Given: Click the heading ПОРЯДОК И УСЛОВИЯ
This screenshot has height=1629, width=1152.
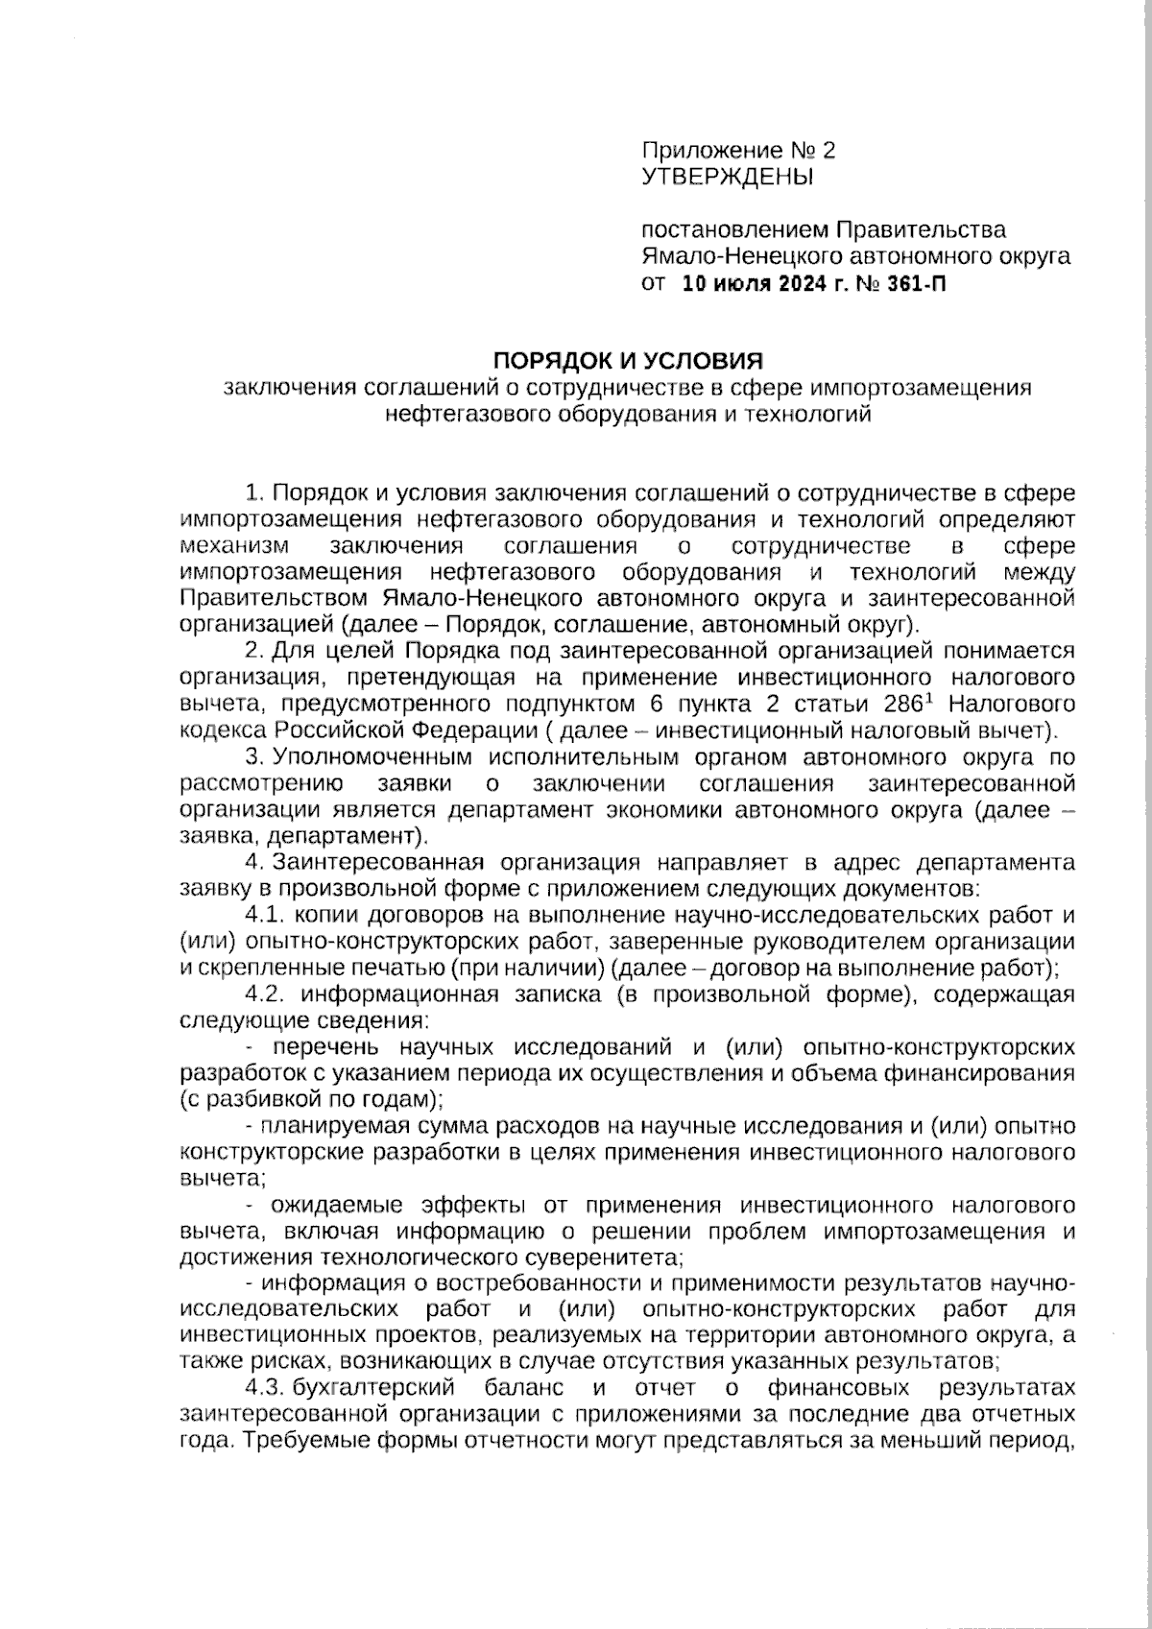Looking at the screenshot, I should pos(627,361).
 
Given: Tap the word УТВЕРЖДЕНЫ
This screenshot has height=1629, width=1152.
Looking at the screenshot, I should pos(727,177).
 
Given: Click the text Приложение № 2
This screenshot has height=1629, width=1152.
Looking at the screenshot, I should pos(738,151).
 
